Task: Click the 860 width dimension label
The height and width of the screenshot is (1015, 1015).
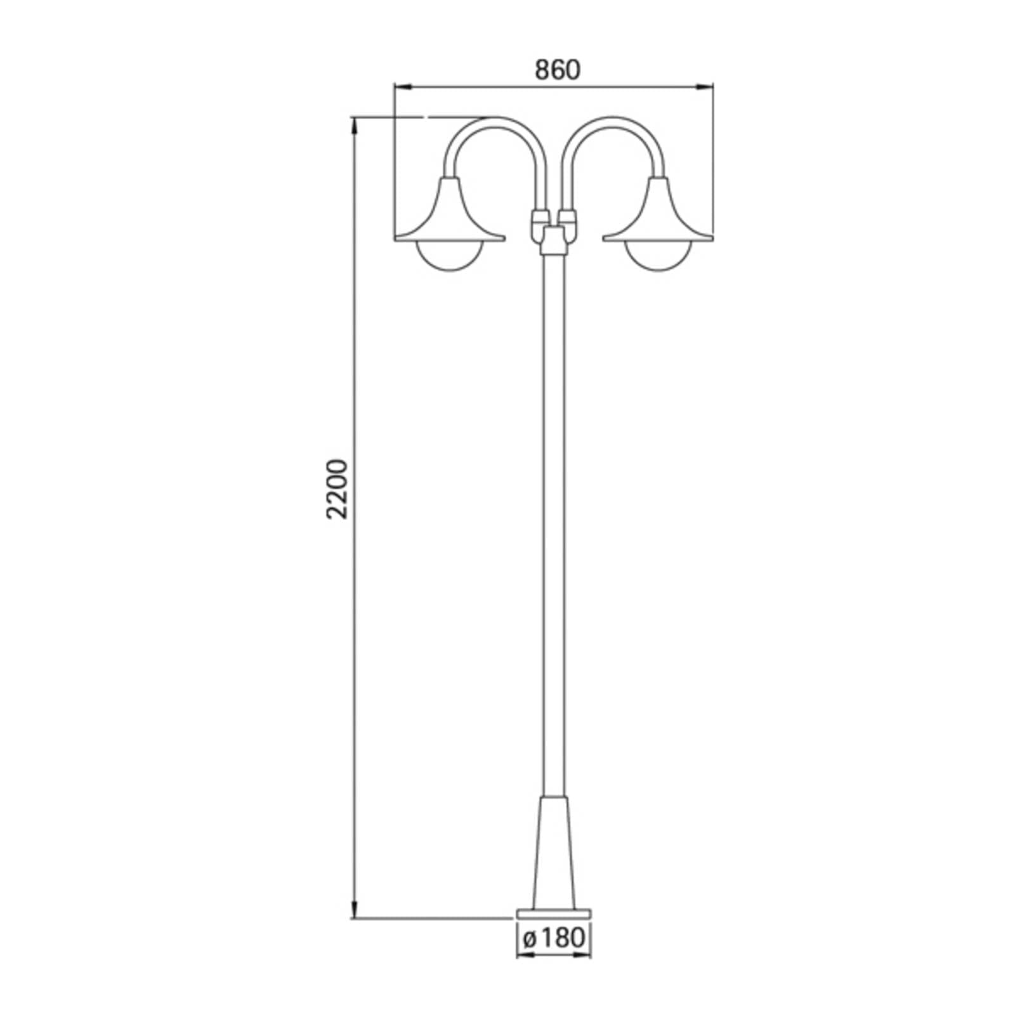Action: (x=558, y=70)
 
